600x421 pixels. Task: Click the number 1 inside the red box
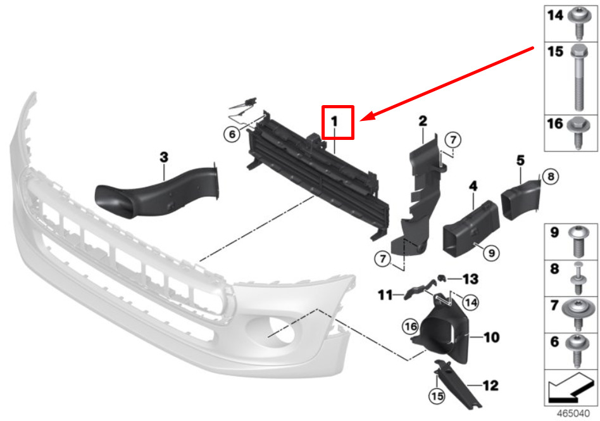(334, 122)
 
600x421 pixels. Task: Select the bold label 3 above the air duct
(164, 157)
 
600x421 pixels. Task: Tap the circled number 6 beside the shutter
(232, 134)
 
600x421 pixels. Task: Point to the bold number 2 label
(423, 121)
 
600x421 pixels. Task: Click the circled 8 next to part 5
(551, 176)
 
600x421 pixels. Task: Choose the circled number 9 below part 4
(491, 253)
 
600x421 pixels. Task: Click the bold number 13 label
(470, 279)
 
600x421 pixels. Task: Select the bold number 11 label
(385, 295)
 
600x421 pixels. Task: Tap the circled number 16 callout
(411, 327)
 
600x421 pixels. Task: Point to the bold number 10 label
(492, 337)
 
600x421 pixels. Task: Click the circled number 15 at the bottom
(437, 396)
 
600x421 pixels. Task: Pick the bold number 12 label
(491, 386)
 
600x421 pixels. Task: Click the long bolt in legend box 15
(579, 78)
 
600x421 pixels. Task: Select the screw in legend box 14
(578, 23)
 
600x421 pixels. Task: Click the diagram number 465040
(573, 414)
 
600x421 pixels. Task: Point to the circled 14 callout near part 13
(470, 303)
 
